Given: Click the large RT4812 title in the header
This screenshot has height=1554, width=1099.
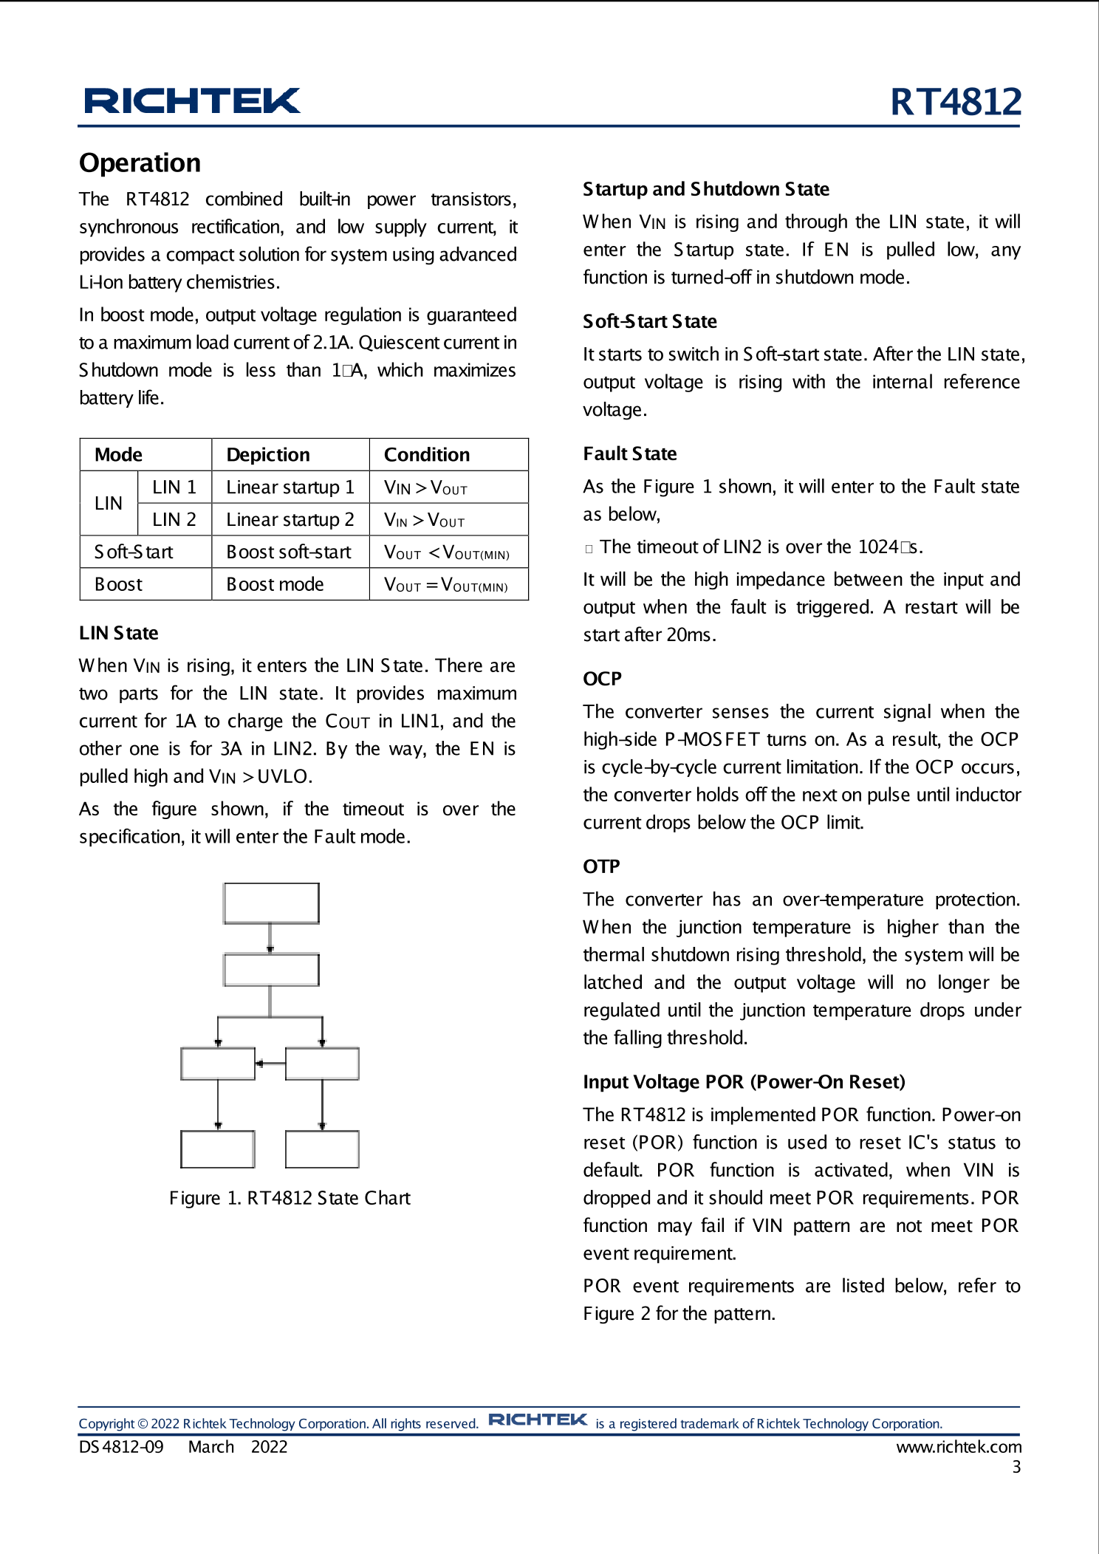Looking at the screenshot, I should tap(955, 102).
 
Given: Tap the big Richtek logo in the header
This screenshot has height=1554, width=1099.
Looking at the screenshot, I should tap(192, 101).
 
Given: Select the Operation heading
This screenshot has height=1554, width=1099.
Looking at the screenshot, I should tap(140, 163).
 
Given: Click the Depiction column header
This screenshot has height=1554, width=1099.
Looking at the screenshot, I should tap(268, 455).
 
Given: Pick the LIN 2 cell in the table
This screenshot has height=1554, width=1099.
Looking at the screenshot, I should tap(174, 520).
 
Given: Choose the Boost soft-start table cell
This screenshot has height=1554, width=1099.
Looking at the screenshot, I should tap(289, 552).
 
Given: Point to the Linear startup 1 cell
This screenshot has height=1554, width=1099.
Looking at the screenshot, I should tap(290, 487).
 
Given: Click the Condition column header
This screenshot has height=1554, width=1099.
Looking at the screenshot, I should tap(427, 455).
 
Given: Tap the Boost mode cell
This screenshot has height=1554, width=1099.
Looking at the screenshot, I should tap(275, 585).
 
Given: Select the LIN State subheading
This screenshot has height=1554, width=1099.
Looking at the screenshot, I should tap(119, 634).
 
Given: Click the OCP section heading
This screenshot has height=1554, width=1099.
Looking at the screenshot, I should tap(602, 679).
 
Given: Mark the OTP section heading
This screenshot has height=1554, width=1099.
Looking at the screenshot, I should tap(601, 866).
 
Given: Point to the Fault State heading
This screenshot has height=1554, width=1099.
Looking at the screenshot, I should tap(629, 454).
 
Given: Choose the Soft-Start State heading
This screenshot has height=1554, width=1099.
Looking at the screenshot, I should tap(649, 322).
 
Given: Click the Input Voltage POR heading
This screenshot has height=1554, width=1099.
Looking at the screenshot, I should tap(744, 1082).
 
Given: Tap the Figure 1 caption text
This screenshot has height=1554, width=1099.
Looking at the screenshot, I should tap(290, 1198).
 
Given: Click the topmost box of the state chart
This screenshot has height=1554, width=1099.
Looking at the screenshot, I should tap(272, 903).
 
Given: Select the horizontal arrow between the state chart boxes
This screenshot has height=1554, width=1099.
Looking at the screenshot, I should tap(270, 1064).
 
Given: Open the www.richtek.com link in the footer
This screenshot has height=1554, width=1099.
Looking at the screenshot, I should tap(959, 1447).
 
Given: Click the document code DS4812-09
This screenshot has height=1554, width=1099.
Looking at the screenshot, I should tap(121, 1447).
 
